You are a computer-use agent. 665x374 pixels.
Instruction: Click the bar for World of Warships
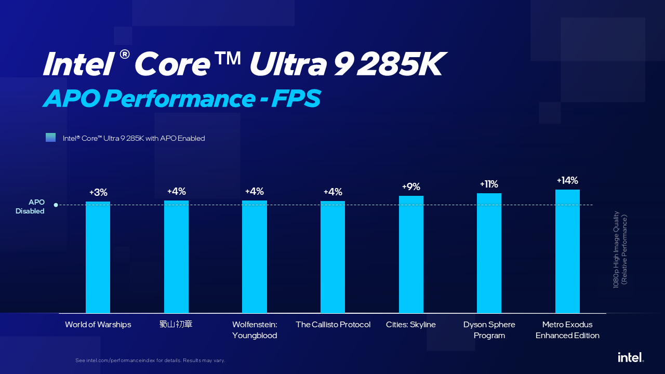(98, 257)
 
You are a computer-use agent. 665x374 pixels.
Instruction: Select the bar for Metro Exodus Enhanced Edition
(567, 251)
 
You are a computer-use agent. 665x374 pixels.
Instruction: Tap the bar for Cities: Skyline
(411, 255)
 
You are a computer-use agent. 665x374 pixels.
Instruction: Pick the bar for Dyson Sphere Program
(489, 253)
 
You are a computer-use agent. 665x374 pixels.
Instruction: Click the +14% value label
(567, 181)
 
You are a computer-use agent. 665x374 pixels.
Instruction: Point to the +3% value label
(98, 193)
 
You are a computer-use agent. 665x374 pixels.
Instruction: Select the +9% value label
(411, 187)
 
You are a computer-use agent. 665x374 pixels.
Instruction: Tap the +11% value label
(489, 184)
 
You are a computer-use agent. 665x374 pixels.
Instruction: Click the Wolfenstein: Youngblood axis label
(255, 330)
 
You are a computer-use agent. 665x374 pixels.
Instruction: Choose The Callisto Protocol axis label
(333, 325)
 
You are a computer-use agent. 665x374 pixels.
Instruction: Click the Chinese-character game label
(176, 325)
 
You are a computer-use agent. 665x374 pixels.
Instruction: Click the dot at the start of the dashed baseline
(56, 205)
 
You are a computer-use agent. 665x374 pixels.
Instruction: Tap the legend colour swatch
(50, 138)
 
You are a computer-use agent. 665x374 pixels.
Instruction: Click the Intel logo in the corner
(631, 357)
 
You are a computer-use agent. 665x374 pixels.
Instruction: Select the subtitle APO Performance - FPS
(181, 99)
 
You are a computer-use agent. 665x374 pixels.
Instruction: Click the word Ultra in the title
(287, 64)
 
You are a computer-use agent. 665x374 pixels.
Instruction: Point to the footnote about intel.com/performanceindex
(150, 360)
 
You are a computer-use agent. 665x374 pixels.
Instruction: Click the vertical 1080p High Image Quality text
(620, 249)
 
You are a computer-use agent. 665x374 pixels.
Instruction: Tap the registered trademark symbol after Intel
(124, 54)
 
